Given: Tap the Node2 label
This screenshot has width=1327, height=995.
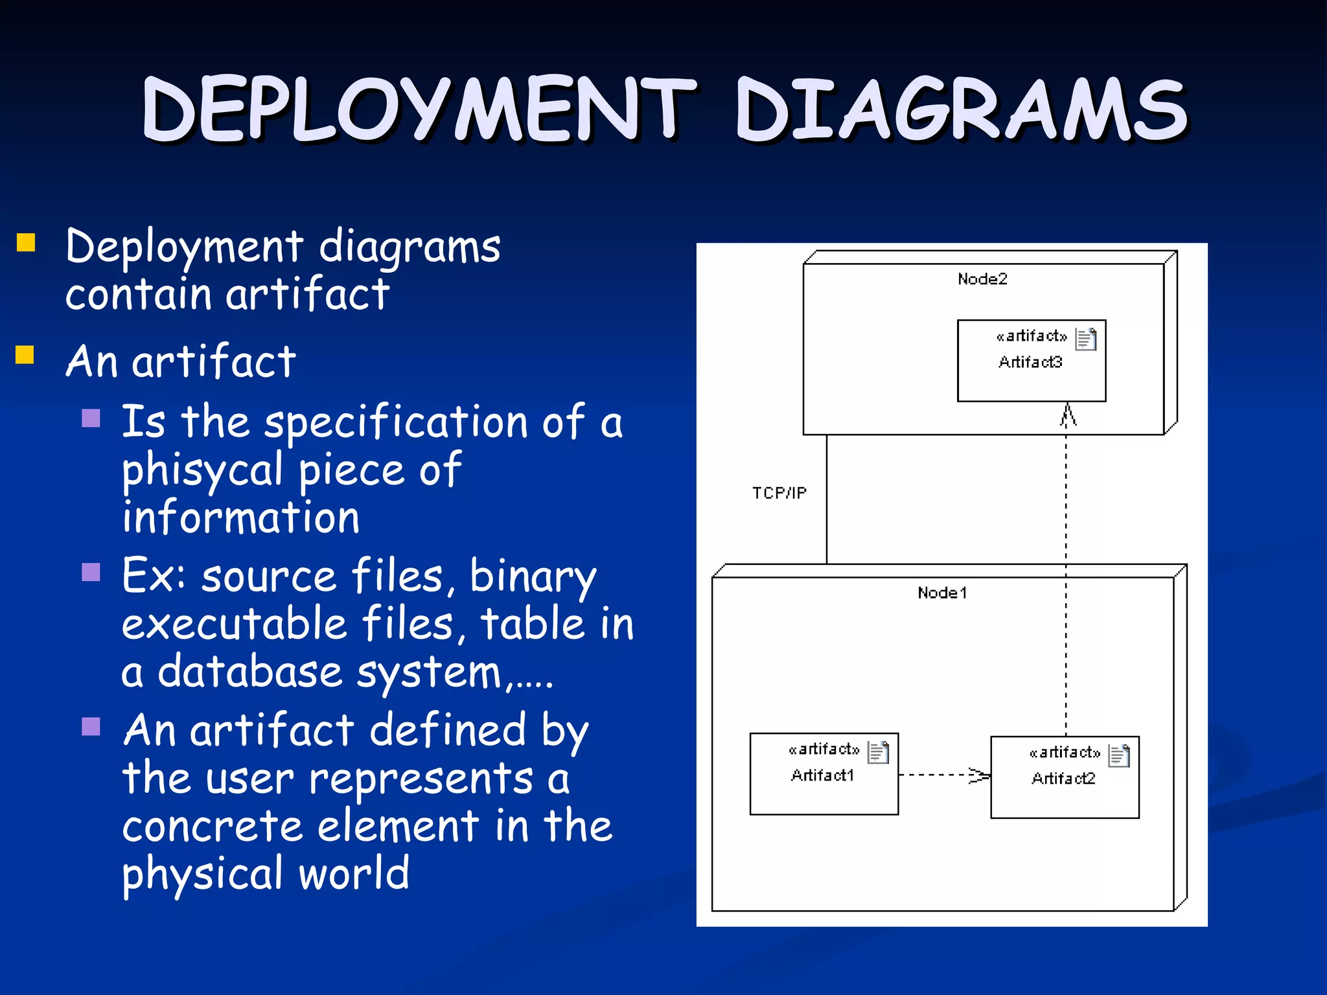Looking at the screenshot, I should [982, 279].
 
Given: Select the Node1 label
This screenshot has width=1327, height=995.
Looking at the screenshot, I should [942, 593].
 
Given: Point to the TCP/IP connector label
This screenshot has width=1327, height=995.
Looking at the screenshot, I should [779, 493].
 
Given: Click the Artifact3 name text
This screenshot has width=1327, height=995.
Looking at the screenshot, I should [1030, 362].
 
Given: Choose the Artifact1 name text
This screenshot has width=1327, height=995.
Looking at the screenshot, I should [822, 775].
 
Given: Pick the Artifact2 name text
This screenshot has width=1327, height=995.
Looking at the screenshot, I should [1063, 779].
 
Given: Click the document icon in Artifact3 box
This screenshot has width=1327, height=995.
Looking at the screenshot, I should [1086, 339].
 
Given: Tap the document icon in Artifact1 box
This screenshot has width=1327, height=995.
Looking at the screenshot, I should [878, 752].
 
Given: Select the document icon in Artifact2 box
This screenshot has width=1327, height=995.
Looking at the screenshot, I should [1119, 755].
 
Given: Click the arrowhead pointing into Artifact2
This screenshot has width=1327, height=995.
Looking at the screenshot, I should [980, 775].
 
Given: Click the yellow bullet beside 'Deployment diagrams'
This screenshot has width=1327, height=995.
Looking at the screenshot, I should [26, 243].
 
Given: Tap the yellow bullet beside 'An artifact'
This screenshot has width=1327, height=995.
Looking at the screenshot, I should [25, 355].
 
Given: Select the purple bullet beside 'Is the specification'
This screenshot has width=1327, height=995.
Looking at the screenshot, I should [91, 418].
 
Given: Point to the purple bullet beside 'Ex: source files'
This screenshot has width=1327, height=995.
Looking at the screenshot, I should [91, 572].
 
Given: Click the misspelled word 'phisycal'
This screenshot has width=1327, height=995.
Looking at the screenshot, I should [202, 470].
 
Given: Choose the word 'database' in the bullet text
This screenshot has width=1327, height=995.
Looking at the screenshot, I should [249, 672].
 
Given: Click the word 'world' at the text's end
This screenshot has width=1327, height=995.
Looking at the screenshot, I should [354, 873].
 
